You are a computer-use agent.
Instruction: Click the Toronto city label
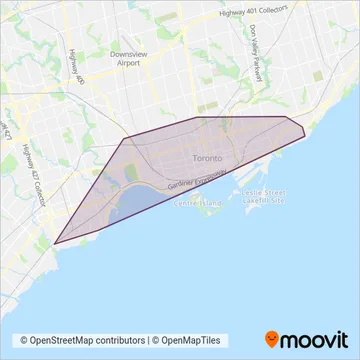[x=207, y=158]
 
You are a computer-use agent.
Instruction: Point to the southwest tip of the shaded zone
[x=54, y=242]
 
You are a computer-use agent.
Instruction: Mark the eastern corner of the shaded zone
[x=304, y=129]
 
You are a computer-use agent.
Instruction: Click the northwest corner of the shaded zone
[x=125, y=139]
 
